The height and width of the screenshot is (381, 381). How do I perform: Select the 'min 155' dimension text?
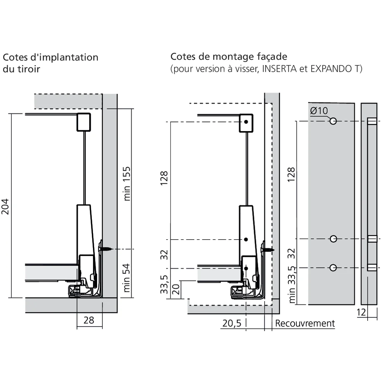(127, 183)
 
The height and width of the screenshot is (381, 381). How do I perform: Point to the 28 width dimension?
(89, 320)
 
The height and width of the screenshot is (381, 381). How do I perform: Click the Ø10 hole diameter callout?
(319, 111)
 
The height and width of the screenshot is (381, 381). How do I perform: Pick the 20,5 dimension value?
(232, 323)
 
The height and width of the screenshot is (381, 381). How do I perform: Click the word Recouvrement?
(305, 323)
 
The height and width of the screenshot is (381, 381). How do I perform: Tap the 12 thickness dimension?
(362, 312)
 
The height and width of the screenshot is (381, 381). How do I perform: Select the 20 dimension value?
(176, 289)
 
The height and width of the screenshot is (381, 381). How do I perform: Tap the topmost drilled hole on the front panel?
(333, 121)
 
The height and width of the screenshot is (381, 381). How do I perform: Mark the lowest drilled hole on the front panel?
(333, 267)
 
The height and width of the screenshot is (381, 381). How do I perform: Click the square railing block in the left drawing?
(84, 122)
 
